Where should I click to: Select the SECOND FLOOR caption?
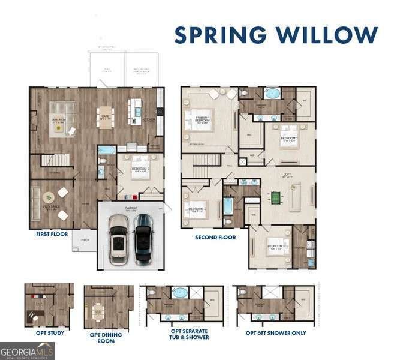[215, 237]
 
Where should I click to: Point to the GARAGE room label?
[131, 208]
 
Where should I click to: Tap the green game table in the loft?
[276, 196]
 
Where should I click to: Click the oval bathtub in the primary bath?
[273, 94]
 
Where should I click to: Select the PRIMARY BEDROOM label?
[203, 119]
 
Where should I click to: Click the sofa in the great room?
[60, 111]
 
